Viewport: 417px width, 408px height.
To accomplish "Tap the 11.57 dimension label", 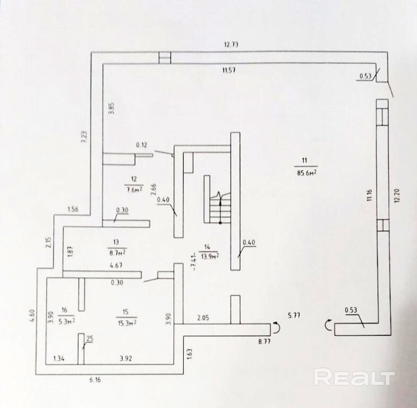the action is (230, 70).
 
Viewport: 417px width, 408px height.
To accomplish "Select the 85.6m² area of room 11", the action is (305, 172).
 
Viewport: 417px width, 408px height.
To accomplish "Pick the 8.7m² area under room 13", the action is (116, 252).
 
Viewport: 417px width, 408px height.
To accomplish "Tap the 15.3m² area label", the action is (127, 322).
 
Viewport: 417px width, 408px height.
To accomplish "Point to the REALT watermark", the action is (354, 378).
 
